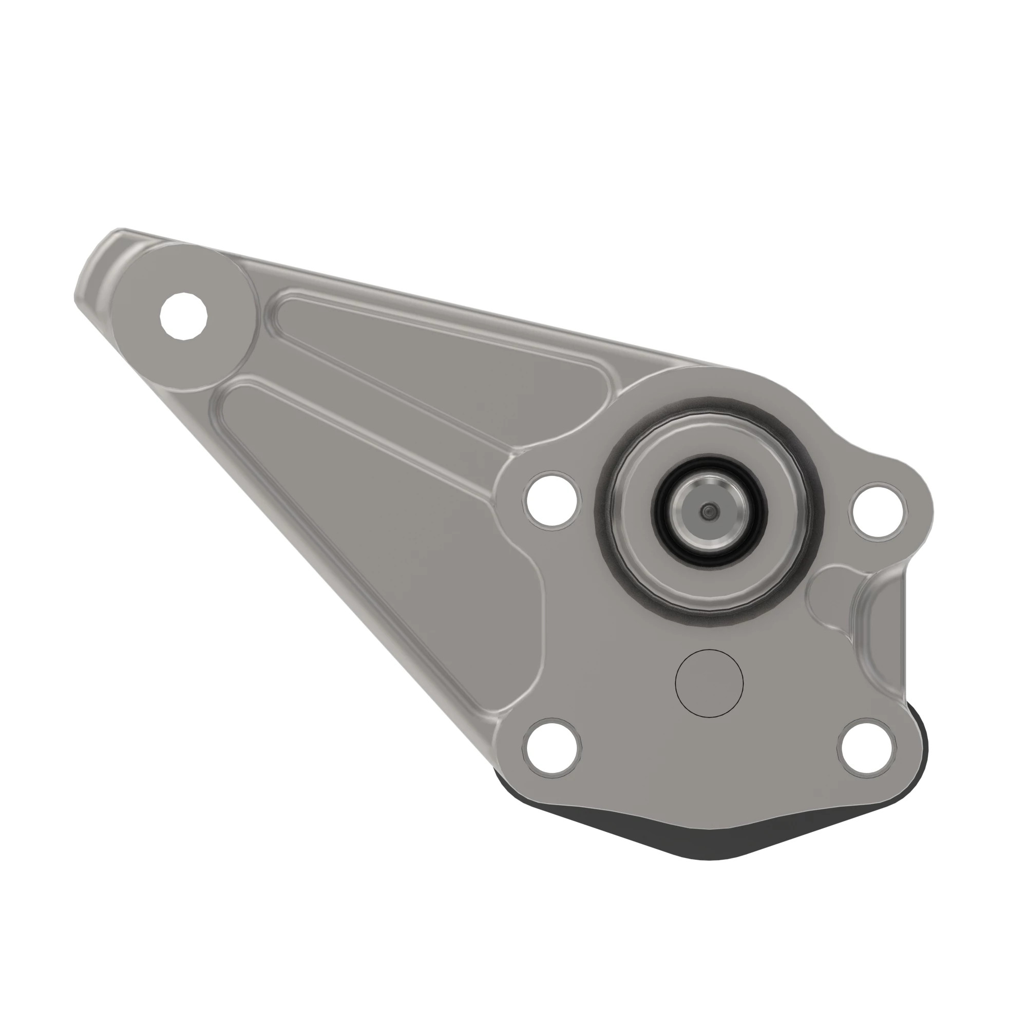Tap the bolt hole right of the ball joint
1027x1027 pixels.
tap(878, 511)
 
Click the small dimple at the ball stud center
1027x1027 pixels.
tap(708, 512)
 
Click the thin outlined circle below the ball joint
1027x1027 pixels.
tap(709, 683)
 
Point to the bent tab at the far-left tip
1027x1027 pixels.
tap(96, 266)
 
